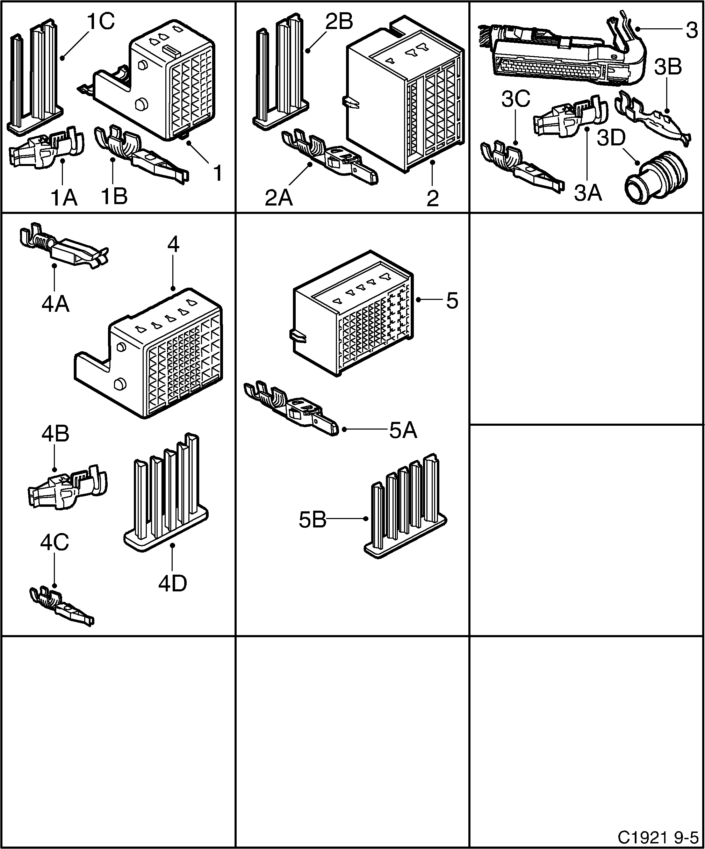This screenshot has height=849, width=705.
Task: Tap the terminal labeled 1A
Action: pos(46,148)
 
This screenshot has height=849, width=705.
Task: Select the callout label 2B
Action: pos(339,21)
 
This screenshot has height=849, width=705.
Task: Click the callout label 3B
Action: pos(668,67)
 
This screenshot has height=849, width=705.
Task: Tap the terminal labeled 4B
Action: pos(67,487)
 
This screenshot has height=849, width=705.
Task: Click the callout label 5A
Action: pos(403,431)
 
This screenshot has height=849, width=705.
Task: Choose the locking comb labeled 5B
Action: pos(404,509)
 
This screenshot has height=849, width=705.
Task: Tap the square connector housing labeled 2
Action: pos(404,97)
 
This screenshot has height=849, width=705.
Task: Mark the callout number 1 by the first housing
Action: pos(217,173)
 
